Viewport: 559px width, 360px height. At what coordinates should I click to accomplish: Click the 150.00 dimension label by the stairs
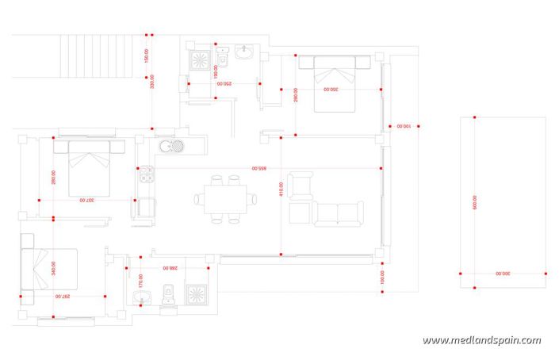(x=146, y=56)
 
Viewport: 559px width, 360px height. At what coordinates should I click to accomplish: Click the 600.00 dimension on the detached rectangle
(x=474, y=202)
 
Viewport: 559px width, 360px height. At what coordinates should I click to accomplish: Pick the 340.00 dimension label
(x=52, y=270)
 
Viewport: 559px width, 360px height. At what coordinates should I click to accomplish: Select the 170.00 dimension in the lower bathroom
(x=140, y=279)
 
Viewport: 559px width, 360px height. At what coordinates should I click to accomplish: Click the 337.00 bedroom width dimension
(x=87, y=200)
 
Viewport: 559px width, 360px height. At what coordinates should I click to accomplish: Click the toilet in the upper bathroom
(x=224, y=57)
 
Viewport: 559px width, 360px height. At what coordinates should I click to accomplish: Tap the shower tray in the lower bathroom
(x=196, y=294)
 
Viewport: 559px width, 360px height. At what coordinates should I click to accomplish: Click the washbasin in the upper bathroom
(x=244, y=53)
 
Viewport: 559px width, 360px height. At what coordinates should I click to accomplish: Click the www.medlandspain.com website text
(x=482, y=341)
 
